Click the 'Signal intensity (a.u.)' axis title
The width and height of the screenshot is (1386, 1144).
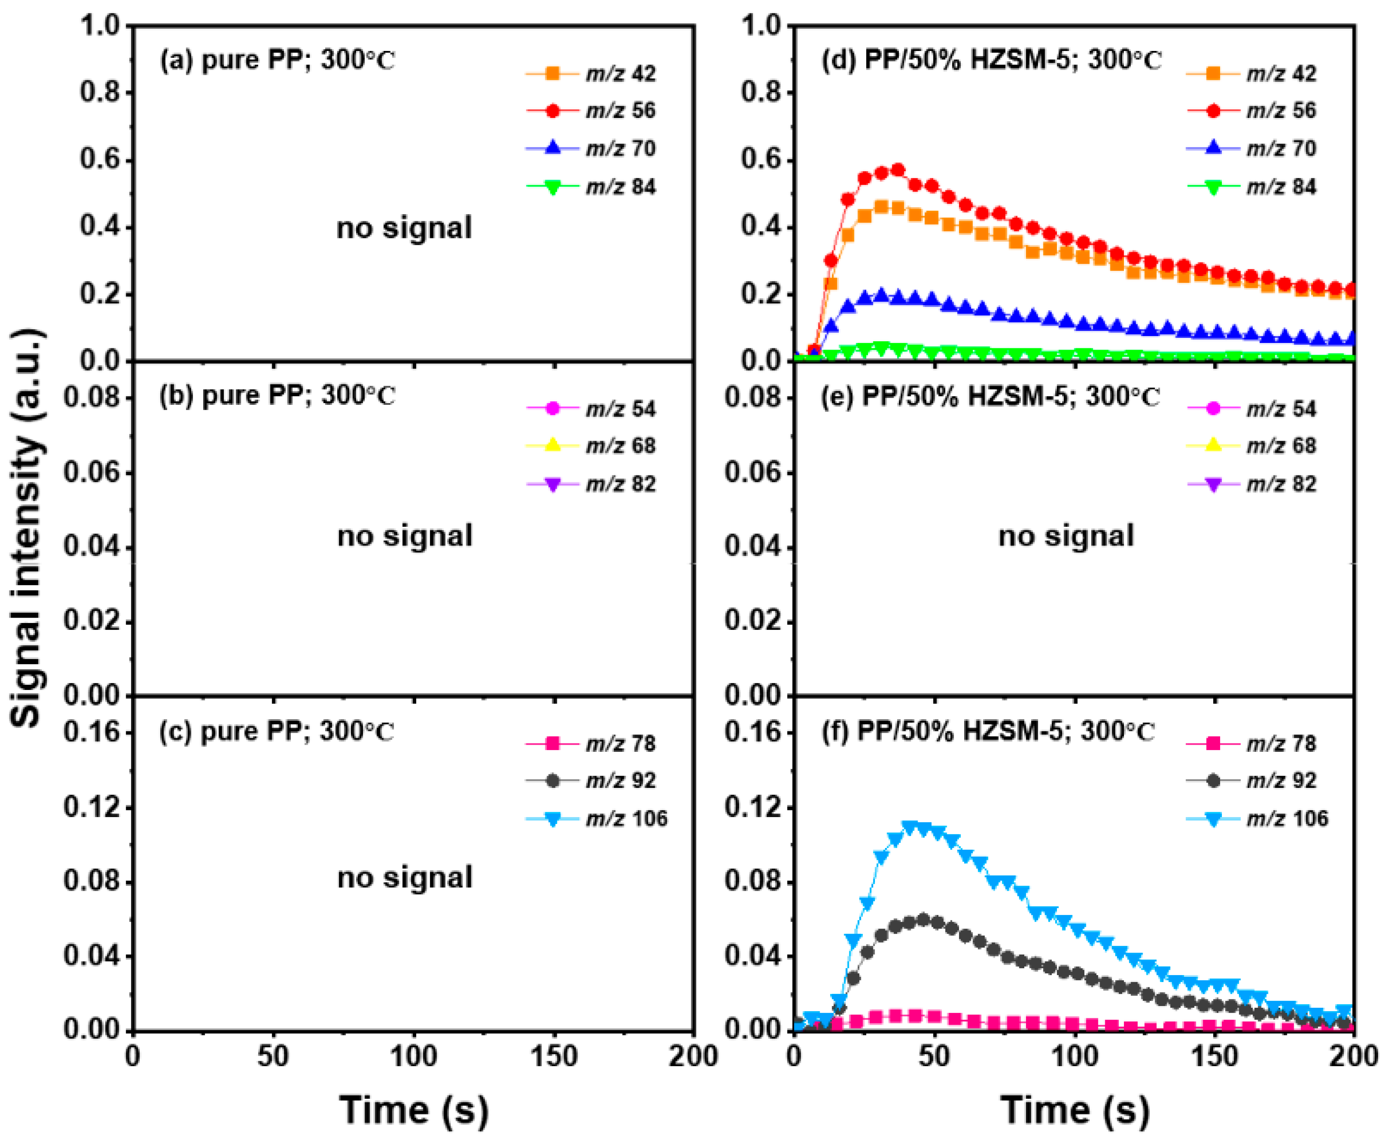28,527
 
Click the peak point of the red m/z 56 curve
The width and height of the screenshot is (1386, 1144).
897,170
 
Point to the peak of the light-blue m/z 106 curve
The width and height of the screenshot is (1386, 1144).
911,827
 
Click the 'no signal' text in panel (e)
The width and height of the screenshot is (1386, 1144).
1066,536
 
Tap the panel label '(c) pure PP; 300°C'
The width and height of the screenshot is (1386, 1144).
277,731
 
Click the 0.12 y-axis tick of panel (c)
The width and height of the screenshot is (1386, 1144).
92,807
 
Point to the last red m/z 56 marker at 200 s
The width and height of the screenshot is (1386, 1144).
1350,289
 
